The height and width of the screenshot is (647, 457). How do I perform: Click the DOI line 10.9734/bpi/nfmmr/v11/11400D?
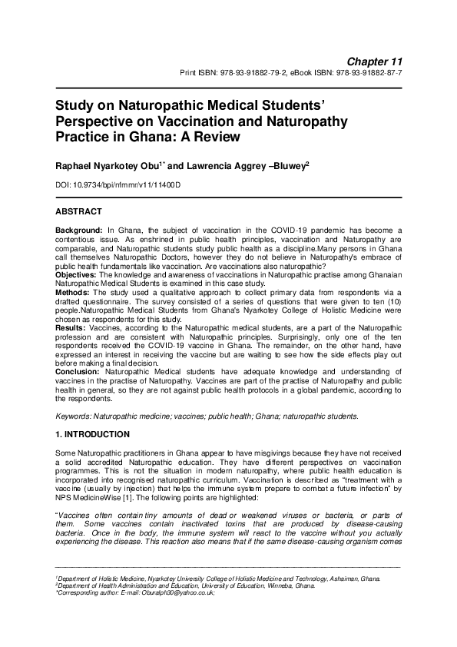(127, 186)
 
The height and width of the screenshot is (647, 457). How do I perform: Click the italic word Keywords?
(73, 416)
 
